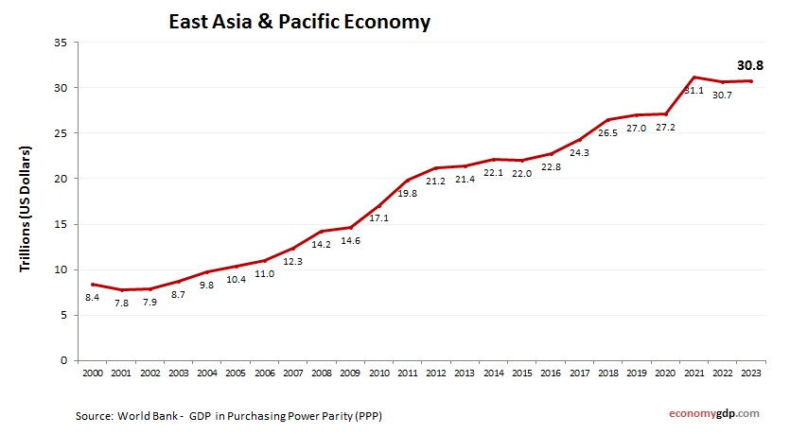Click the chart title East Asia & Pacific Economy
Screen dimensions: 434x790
pyautogui.click(x=298, y=20)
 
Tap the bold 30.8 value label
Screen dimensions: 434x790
pyautogui.click(x=750, y=66)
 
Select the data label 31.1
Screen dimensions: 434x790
pyautogui.click(x=693, y=91)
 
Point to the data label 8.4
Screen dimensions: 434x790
pyautogui.click(x=93, y=298)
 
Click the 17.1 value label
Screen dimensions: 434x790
pyautogui.click(x=378, y=218)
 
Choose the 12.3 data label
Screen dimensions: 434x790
pyautogui.click(x=292, y=262)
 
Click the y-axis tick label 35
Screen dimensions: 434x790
pyautogui.click(x=59, y=43)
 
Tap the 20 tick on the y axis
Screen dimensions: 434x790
pyautogui.click(x=59, y=179)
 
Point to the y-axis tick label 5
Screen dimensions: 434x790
pyautogui.click(x=62, y=315)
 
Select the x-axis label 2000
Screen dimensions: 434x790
pyautogui.click(x=91, y=373)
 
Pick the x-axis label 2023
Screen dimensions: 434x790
pyautogui.click(x=750, y=373)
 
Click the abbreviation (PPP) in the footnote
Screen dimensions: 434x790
pyautogui.click(x=368, y=415)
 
